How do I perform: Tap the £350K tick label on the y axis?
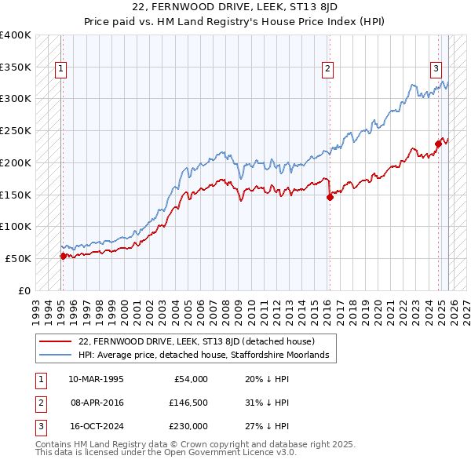pyautogui.click(x=16, y=67)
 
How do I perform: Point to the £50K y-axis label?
pyautogui.click(x=18, y=258)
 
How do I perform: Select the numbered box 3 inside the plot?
pyautogui.click(x=436, y=68)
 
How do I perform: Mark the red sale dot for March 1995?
pyautogui.click(x=63, y=256)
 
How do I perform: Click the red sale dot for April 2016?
pyautogui.click(x=330, y=197)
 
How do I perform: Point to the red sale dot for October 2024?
pyautogui.click(x=439, y=144)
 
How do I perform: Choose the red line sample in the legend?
pyautogui.click(x=55, y=342)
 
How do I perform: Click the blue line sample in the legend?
pyautogui.click(x=55, y=355)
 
